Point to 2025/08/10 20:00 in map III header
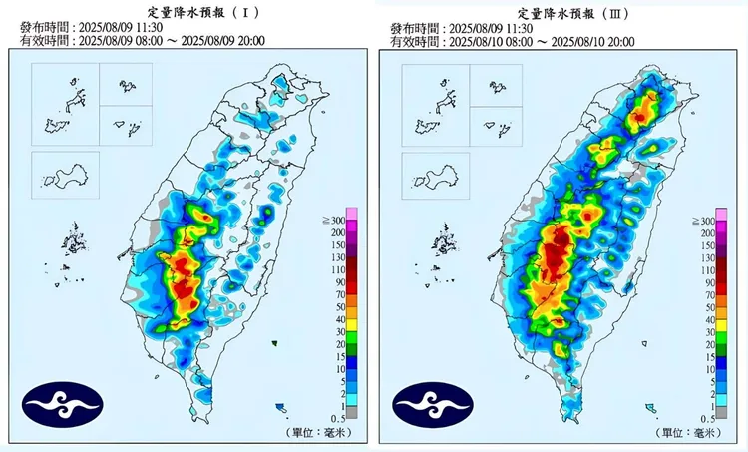point(597,42)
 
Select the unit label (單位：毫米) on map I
point(320,431)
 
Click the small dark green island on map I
point(272,343)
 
